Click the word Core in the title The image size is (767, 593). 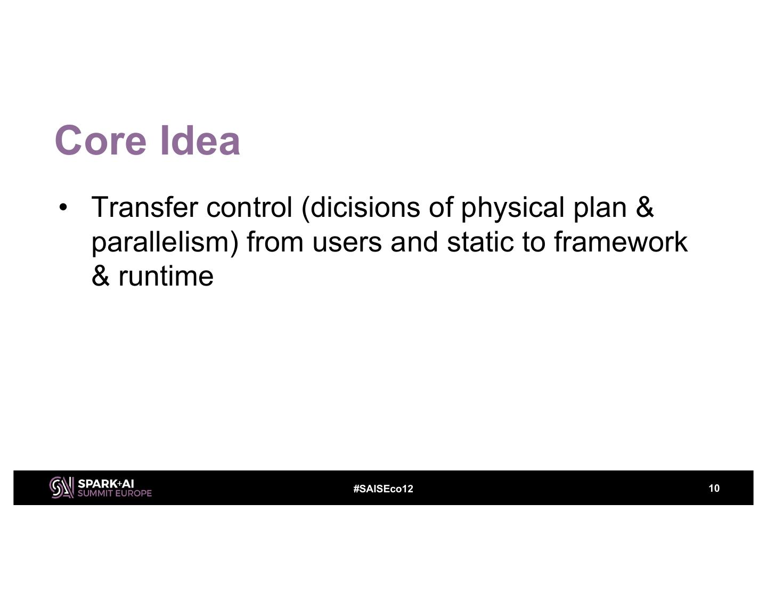pos(101,140)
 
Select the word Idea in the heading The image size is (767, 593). pos(200,140)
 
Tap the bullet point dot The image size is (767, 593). pos(63,207)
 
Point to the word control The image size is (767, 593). pos(249,207)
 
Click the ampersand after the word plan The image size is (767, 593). pos(644,207)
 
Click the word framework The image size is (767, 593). pos(621,242)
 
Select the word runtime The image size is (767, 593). pos(166,276)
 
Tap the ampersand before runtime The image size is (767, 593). pos(100,276)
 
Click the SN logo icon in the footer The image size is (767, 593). pos(61,488)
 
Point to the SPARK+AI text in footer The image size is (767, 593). pos(105,484)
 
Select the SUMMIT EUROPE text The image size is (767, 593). pos(115,493)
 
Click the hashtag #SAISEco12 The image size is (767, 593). pos(383,489)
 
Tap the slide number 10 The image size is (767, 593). pos(714,488)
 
